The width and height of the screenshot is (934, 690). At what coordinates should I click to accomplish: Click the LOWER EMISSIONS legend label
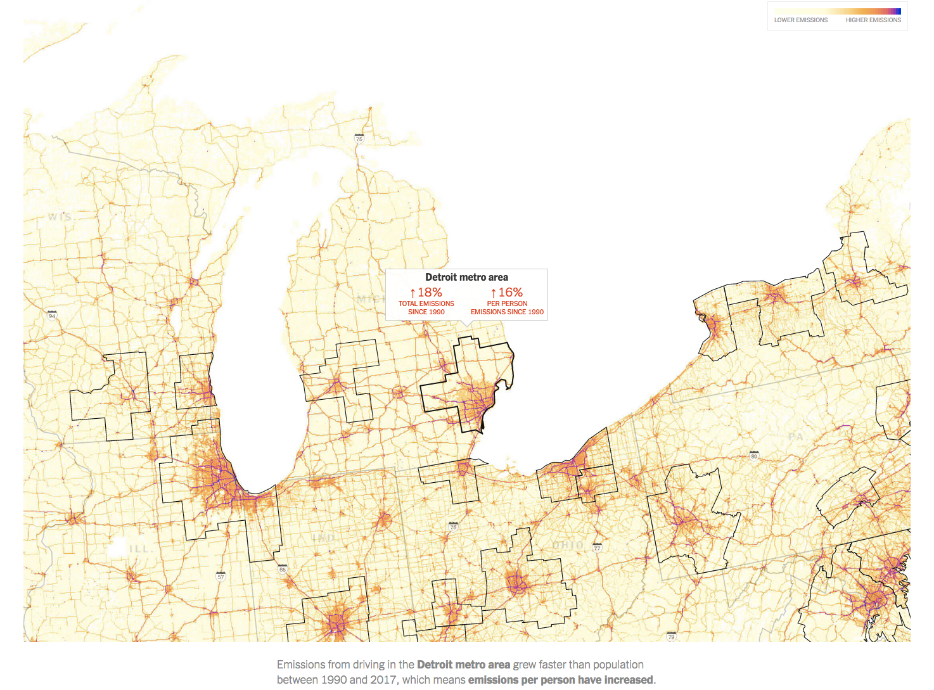pos(800,20)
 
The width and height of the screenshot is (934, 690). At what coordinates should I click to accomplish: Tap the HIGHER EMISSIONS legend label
pos(873,20)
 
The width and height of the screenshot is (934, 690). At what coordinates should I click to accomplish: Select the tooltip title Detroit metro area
pos(466,278)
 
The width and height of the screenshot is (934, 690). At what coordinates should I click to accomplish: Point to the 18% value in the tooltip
pos(430,293)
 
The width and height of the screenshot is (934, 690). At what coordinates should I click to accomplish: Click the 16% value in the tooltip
pos(510,293)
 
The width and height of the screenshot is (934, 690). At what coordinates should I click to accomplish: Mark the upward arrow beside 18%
pos(413,293)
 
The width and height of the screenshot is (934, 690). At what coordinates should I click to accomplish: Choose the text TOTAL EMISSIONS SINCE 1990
pos(426,308)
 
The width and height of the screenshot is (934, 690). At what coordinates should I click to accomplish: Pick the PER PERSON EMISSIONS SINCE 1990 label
pos(507,308)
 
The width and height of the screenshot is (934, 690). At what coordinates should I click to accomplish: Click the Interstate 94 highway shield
pos(52,315)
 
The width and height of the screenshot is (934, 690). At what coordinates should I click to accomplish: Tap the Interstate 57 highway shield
pos(221,577)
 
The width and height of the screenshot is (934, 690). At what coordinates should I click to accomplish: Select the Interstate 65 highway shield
pos(283,570)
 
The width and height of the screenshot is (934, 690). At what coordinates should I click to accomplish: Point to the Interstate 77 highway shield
pos(597,547)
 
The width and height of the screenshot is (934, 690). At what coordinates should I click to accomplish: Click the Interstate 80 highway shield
pos(753,456)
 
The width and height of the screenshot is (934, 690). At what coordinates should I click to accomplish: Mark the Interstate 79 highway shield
pos(671,636)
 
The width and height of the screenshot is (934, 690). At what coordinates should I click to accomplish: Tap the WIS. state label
pos(60,217)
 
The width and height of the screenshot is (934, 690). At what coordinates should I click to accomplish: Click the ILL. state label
pos(139,549)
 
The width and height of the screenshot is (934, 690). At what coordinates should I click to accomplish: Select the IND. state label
pos(323,537)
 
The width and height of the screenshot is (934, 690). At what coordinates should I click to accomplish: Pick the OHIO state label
pos(568,545)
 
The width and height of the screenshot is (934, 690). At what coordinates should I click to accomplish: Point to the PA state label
pos(795,437)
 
